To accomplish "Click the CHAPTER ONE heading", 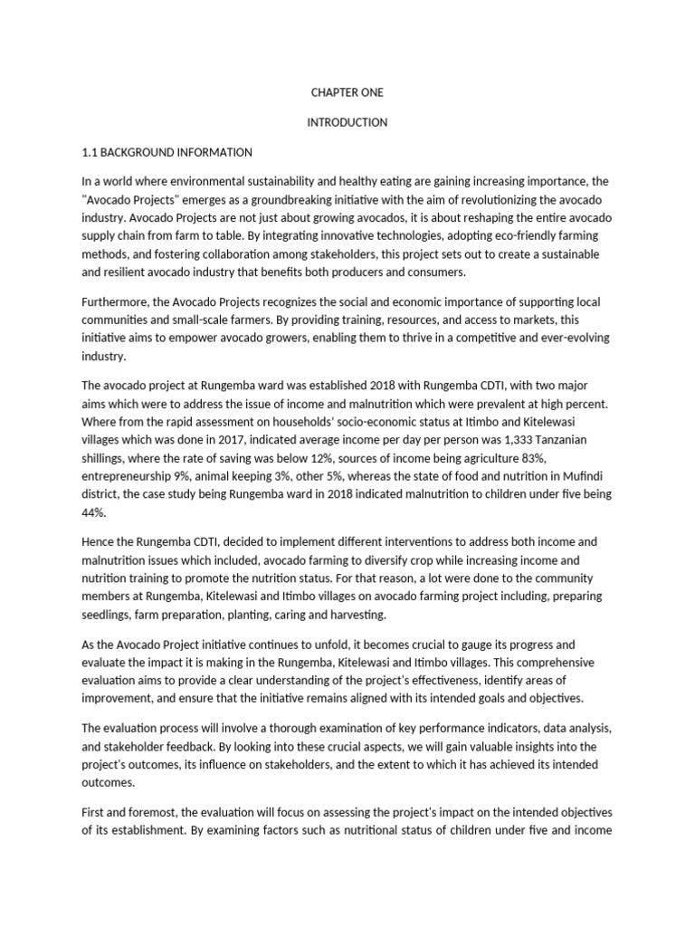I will pyautogui.click(x=347, y=92).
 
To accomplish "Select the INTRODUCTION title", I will pyautogui.click(x=347, y=122).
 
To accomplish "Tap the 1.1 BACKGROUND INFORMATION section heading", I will pyautogui.click(x=167, y=152).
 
